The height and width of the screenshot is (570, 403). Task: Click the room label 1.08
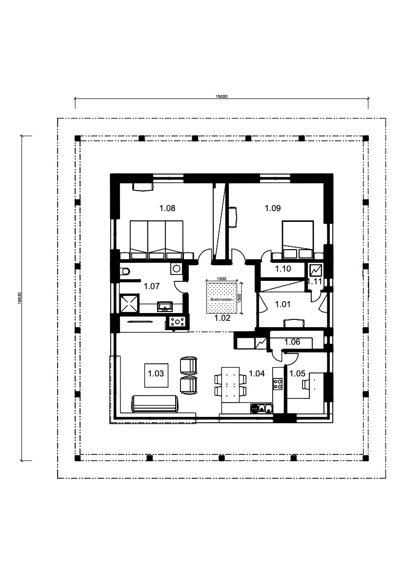click(x=167, y=208)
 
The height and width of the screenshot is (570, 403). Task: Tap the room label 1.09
click(x=273, y=208)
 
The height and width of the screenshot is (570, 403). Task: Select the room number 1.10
click(x=283, y=269)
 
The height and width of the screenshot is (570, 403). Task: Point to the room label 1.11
click(x=315, y=281)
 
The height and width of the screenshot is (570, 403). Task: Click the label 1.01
click(x=282, y=304)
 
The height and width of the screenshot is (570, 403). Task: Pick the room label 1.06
click(x=292, y=342)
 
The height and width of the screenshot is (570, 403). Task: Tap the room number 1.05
click(x=297, y=373)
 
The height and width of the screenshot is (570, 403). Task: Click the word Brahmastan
click(x=221, y=299)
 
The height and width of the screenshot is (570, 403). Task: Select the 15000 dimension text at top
click(x=222, y=97)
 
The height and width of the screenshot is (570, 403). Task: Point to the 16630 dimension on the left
click(x=19, y=299)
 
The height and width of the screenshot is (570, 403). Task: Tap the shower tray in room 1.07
click(x=129, y=303)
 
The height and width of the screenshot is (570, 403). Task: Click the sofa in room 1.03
click(x=155, y=404)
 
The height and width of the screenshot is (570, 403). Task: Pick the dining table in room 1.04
click(x=231, y=385)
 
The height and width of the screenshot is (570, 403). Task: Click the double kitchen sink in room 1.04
click(x=262, y=409)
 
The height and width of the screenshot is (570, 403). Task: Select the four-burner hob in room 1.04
click(x=278, y=384)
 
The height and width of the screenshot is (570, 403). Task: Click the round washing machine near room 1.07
click(x=177, y=269)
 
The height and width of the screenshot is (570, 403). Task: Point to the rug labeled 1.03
click(x=157, y=375)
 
